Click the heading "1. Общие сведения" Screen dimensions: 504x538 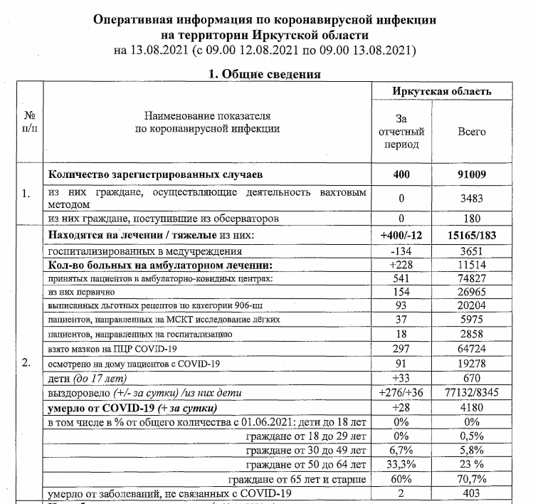tap(264, 73)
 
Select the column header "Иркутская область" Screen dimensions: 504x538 tap(442, 92)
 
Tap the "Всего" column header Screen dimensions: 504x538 tap(471, 132)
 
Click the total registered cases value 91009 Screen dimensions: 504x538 tap(471, 174)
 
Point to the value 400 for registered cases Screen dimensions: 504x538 tap(401, 174)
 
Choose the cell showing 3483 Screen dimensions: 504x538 tap(471, 199)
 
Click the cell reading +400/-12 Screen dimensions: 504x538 tap(401, 236)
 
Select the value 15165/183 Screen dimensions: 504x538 tap(471, 236)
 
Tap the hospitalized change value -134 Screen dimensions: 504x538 tap(401, 251)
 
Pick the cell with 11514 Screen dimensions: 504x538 tap(471, 265)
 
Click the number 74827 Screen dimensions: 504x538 tap(471, 278)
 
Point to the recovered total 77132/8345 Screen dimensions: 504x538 tap(471, 392)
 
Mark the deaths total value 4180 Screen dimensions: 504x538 tap(471, 407)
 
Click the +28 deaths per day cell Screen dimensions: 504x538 tap(401, 407)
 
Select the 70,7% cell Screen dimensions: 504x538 tap(471, 479)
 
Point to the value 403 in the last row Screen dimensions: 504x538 tap(471, 493)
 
